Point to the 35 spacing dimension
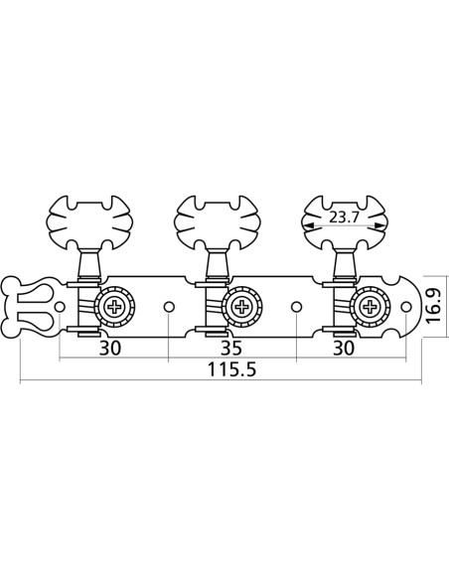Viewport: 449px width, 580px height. pos(231,348)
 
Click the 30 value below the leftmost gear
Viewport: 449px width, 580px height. pos(112,348)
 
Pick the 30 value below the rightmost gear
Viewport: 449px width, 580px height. pos(345,348)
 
